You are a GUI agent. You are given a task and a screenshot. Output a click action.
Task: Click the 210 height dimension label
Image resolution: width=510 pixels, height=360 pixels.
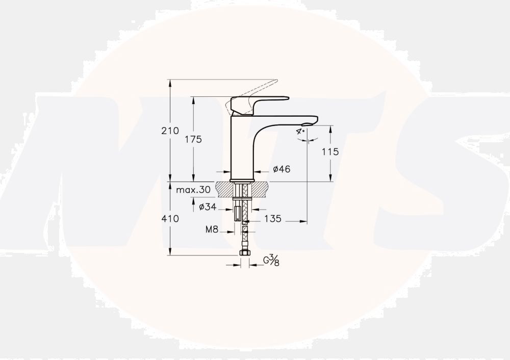pos(170,131)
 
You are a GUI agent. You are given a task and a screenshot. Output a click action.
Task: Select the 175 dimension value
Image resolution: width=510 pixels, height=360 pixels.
pos(193,139)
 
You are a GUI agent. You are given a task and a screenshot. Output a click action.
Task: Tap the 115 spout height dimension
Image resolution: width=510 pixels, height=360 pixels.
pos(330,151)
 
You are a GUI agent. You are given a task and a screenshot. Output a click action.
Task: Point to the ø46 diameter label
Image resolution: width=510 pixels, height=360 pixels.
pos(282,169)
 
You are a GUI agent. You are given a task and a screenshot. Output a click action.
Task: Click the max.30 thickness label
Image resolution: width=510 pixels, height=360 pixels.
pos(193,190)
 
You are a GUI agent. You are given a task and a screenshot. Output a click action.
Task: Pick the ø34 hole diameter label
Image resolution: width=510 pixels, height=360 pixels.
pos(208,207)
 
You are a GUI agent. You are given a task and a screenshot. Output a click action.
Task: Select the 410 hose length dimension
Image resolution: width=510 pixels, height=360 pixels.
pos(170,219)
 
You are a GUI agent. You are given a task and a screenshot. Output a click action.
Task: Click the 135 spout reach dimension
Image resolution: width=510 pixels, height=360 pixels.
pos(272,219)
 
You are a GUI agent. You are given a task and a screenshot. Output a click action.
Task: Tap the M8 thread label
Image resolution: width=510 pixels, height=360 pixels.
pos(212,229)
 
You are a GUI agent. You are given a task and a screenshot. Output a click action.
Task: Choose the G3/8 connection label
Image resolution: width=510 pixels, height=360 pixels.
pos(271,260)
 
